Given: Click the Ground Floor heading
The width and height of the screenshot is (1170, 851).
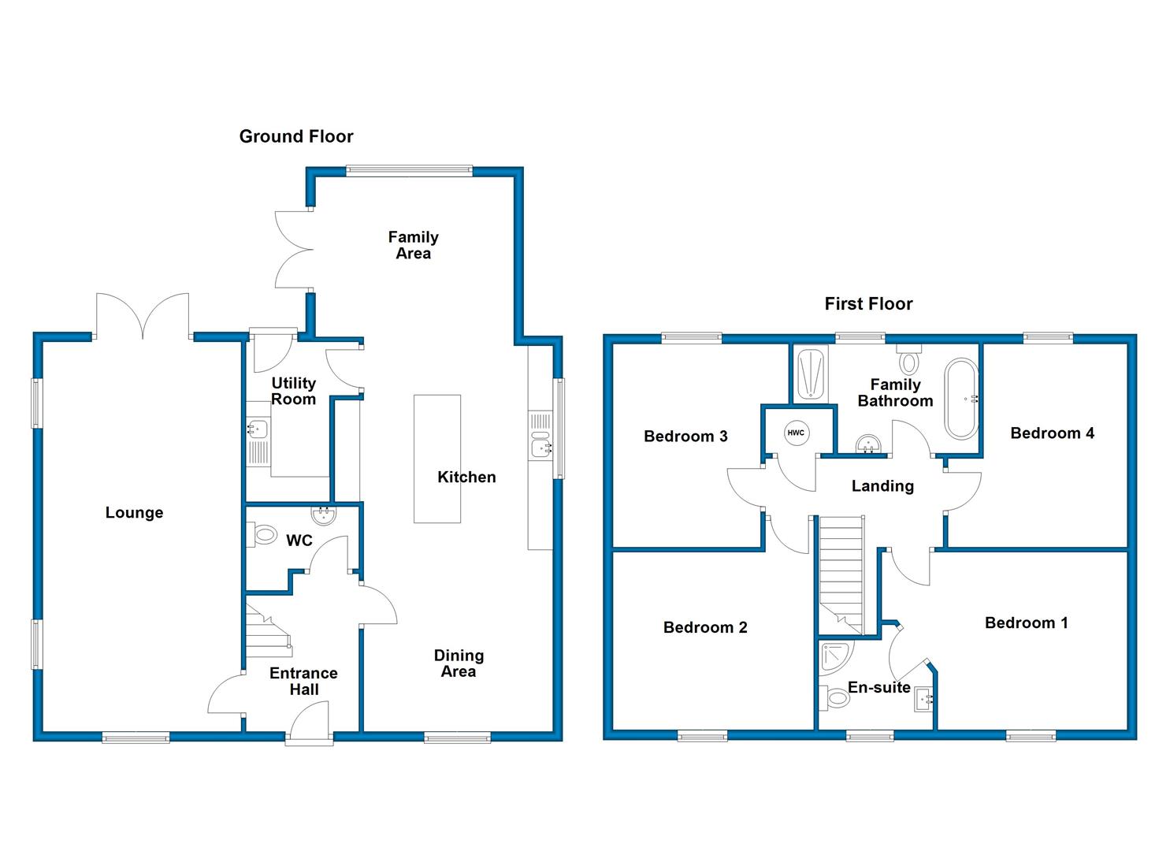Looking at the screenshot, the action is click(296, 137).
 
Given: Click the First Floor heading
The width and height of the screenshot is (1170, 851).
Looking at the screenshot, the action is click(868, 304).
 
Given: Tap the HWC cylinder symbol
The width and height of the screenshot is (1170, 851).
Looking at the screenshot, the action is click(796, 433).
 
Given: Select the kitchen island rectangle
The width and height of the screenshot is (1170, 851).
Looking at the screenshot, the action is click(437, 459).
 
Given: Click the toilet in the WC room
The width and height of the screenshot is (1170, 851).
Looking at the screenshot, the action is click(262, 536).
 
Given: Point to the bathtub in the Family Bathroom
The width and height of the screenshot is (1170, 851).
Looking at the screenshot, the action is click(961, 399).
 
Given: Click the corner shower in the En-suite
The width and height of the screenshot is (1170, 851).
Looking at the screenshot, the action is click(836, 658).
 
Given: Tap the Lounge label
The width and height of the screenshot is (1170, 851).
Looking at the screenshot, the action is click(134, 512).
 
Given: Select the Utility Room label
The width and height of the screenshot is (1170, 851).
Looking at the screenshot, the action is click(294, 392).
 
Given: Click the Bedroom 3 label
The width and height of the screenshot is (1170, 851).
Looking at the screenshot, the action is click(685, 437).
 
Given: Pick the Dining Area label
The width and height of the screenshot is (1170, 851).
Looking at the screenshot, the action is click(459, 663).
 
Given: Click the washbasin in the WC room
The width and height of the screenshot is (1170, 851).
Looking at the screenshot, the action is click(324, 515).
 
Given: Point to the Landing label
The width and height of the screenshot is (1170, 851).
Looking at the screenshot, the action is click(882, 486).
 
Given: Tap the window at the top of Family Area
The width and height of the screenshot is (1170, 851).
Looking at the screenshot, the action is click(409, 170).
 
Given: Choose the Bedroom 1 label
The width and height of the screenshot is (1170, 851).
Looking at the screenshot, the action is click(1027, 622).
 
